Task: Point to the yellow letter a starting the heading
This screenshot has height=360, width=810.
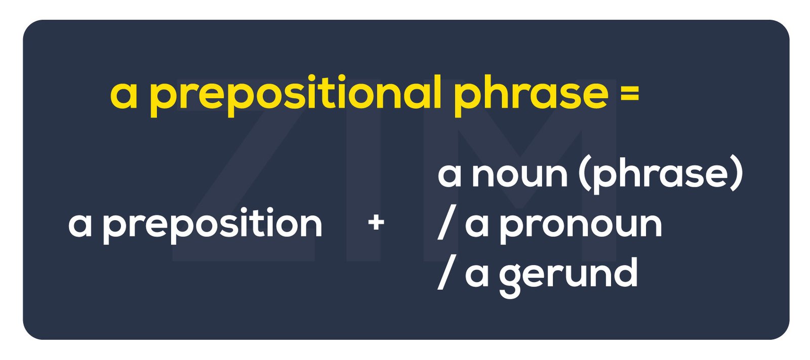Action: tap(124, 96)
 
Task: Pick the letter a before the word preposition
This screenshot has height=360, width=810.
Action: tap(80, 225)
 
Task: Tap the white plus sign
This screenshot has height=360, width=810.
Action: tap(376, 222)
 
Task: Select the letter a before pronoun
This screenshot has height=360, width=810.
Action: tap(476, 225)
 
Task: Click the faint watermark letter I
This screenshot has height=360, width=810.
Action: tap(363, 170)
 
